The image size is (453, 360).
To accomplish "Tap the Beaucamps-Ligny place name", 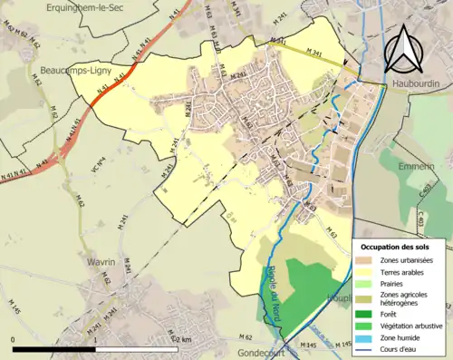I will [79, 69].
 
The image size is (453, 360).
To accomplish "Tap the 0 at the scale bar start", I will [14, 339].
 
